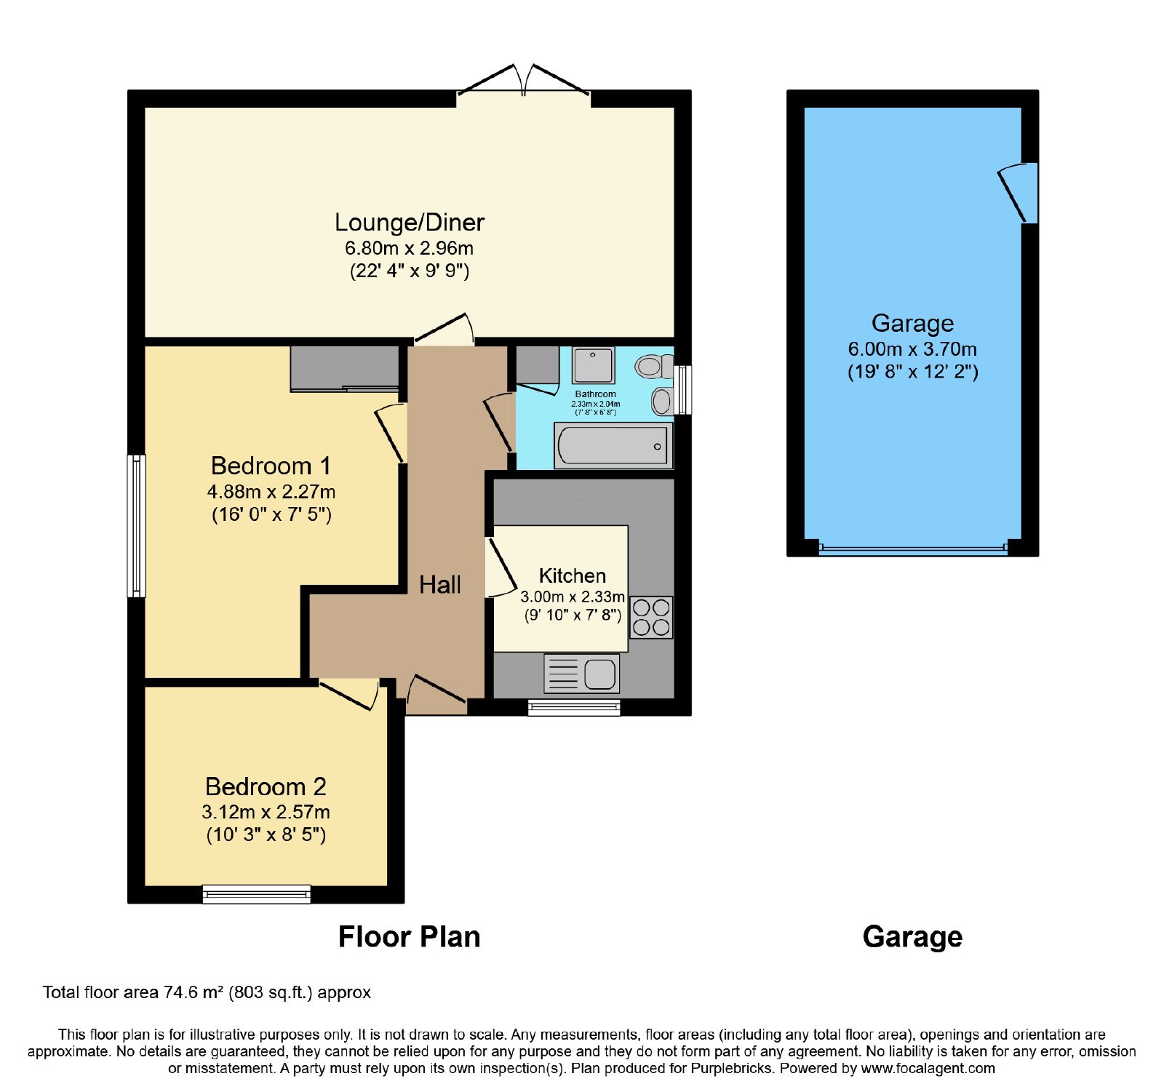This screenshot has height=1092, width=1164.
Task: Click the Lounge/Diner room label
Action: coord(410,223)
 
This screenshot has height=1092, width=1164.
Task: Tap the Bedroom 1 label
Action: coord(271,466)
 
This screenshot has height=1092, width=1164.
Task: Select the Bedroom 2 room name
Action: coord(266,786)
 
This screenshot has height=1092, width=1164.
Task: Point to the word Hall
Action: coord(440,584)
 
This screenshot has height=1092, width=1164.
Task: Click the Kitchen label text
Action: coord(573,576)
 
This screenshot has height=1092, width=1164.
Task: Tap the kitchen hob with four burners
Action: coord(651,617)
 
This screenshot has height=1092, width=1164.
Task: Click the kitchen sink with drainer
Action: coord(582,673)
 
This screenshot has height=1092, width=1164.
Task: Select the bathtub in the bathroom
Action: coord(613,445)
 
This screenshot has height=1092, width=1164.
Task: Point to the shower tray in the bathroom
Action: coord(593,365)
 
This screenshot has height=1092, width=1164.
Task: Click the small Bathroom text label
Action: coord(595,394)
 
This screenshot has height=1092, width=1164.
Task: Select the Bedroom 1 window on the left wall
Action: coord(136,526)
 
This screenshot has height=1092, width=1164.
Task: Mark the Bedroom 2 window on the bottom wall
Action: coord(257,894)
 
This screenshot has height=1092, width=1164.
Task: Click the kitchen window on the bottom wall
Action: coord(574,707)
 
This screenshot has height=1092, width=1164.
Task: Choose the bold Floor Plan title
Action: coord(410,937)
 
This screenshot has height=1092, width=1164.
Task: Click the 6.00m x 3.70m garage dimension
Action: coord(912,349)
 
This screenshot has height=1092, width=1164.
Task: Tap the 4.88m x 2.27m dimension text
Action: coord(271,492)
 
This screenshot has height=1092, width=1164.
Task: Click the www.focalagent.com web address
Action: coord(928,1069)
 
